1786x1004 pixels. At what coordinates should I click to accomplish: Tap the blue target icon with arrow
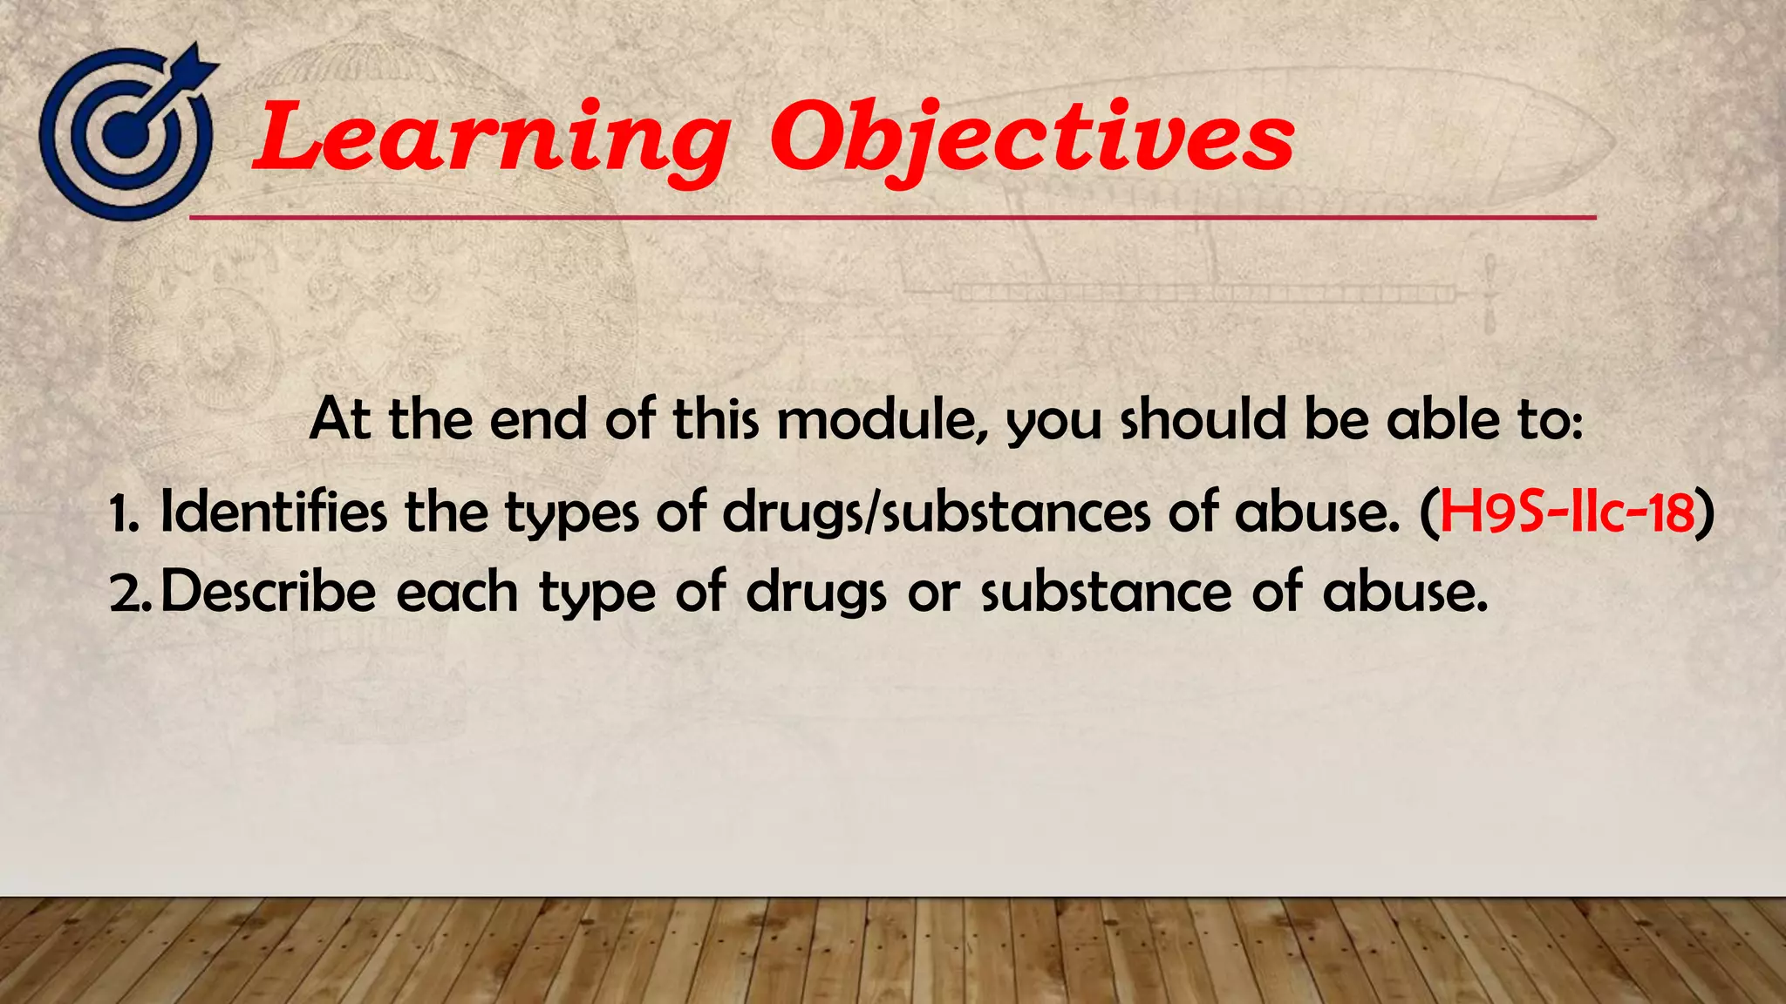127,132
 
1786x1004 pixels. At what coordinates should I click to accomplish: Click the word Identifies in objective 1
273,512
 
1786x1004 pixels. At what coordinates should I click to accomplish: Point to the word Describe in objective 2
269,592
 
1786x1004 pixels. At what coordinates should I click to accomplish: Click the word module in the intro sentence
883,419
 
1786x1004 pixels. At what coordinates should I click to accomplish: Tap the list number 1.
123,514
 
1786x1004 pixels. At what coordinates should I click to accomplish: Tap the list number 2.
131,594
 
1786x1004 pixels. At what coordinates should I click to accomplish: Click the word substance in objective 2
1106,592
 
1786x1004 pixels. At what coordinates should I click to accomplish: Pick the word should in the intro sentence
1203,419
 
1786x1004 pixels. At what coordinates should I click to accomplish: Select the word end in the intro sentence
538,419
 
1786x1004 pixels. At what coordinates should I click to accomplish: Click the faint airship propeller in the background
1489,294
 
